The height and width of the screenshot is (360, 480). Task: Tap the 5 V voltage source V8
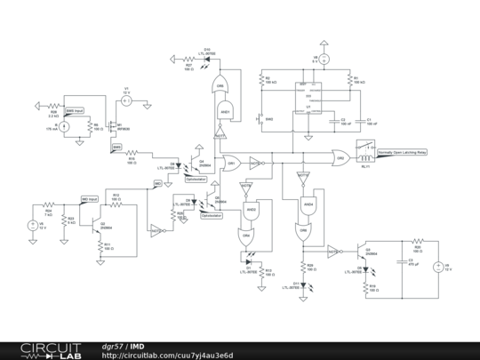tap(324, 60)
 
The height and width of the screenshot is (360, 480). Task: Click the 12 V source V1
tap(125, 101)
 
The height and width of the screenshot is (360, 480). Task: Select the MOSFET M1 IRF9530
tap(109, 124)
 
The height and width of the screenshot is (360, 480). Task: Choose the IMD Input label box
tap(90, 199)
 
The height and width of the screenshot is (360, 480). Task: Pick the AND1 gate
tap(226, 111)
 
